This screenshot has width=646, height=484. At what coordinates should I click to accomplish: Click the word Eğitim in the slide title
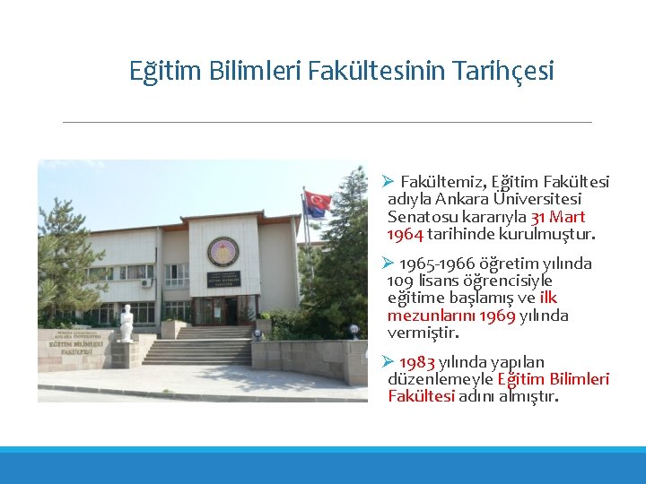(x=160, y=70)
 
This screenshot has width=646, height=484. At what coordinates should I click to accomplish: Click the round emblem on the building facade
(x=223, y=252)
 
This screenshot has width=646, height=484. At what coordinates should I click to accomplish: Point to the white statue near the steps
(x=127, y=324)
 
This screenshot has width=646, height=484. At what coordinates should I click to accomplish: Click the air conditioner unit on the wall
(x=146, y=283)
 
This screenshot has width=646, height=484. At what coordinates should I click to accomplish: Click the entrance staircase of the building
(x=198, y=346)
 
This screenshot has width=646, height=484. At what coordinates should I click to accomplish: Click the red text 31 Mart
(x=558, y=217)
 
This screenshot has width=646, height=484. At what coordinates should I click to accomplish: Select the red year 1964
(x=405, y=234)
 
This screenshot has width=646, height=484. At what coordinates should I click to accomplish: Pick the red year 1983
(x=416, y=362)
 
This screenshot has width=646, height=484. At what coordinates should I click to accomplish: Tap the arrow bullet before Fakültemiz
(x=388, y=183)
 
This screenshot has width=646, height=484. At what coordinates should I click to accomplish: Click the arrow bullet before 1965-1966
(x=388, y=264)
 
